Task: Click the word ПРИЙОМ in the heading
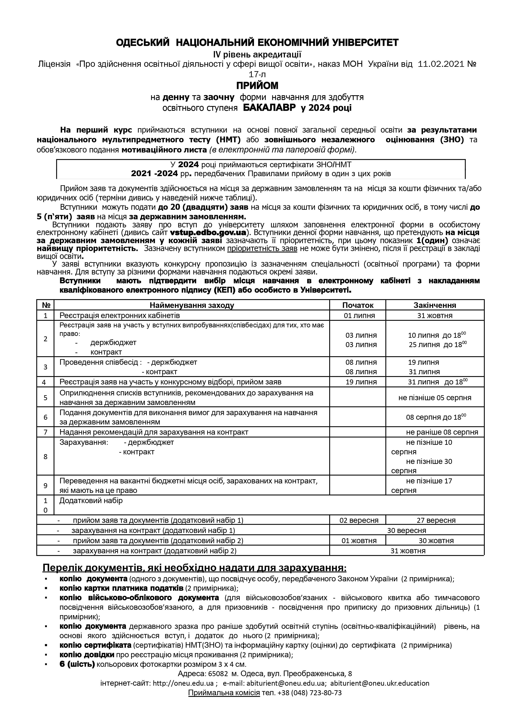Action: click(x=257, y=86)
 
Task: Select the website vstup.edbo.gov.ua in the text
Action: click(x=206, y=232)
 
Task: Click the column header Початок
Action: click(x=358, y=305)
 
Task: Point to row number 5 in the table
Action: click(x=45, y=397)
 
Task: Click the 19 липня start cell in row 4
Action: click(x=361, y=382)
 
